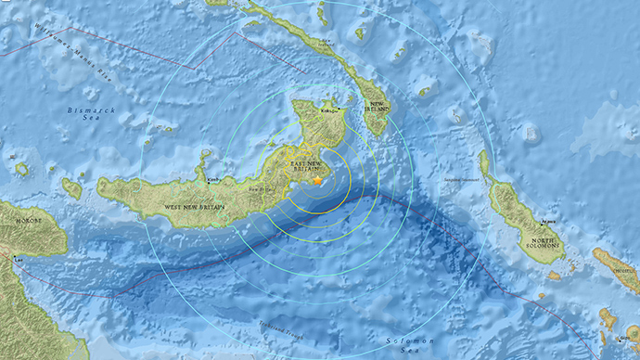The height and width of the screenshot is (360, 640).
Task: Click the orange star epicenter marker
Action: (x=316, y=183)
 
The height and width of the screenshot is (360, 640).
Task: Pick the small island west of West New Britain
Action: (x=71, y=188)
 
